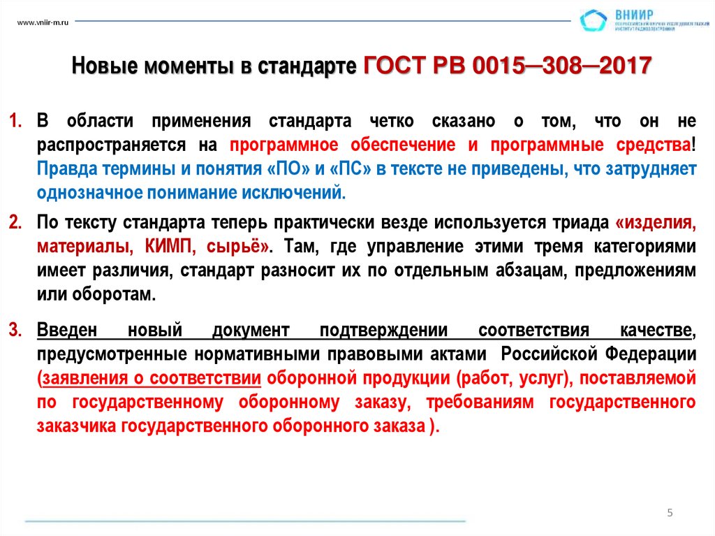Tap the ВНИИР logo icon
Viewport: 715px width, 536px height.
[594, 21]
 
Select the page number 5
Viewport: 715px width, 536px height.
[670, 513]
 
